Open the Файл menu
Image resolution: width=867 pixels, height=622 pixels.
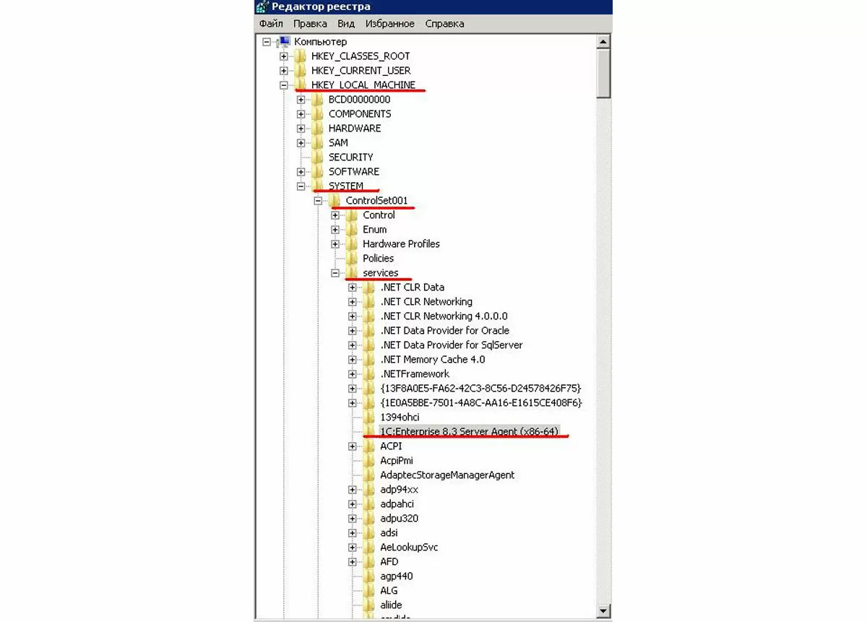coord(271,24)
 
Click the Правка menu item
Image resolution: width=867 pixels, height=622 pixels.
coord(310,24)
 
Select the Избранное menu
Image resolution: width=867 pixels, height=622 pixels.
coord(389,24)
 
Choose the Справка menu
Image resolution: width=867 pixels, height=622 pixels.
coord(444,24)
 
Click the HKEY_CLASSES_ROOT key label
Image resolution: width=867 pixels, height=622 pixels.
coord(361,56)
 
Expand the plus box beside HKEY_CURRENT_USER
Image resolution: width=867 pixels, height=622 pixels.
coord(284,71)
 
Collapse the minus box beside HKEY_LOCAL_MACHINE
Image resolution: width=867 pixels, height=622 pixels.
coord(284,85)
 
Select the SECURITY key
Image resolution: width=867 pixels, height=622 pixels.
coord(350,157)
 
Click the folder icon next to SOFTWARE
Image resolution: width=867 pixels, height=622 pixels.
coord(317,171)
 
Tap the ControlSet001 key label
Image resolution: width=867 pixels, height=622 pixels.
coord(376,201)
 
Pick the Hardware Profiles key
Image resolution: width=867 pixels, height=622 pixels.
coord(401,244)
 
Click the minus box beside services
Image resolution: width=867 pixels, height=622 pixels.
coord(335,273)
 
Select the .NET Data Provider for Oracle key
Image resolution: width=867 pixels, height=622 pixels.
coord(445,331)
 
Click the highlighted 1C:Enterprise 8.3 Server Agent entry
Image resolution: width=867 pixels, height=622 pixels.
coord(469,431)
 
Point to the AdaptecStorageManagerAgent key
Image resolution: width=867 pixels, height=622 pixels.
coord(447,475)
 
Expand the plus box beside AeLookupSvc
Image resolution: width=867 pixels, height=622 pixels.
coord(353,548)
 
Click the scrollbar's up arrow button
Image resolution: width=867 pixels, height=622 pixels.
coord(603,41)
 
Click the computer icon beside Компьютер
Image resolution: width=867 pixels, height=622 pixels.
coord(284,41)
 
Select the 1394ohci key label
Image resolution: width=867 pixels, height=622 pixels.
coord(400,418)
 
